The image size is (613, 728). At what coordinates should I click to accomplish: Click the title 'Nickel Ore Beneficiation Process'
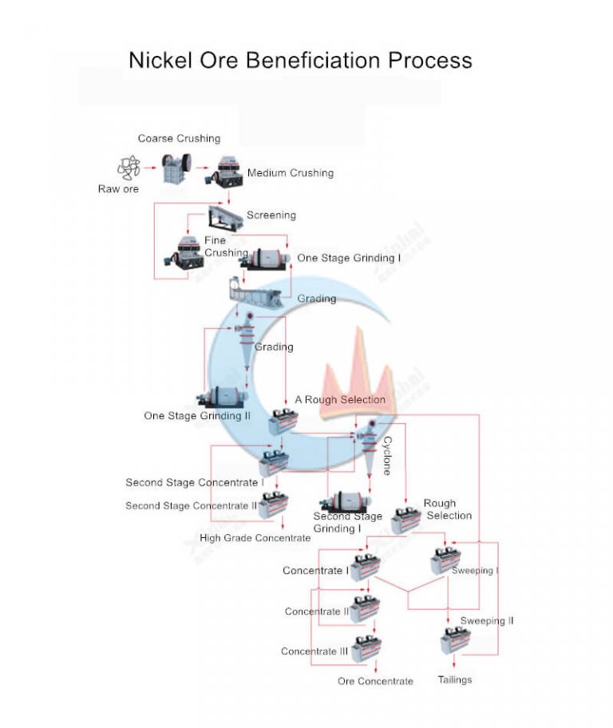click(300, 60)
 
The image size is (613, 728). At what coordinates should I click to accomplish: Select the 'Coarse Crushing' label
click(179, 139)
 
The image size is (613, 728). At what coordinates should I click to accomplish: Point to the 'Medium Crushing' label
click(291, 173)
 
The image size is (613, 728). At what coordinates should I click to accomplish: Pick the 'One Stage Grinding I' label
click(350, 258)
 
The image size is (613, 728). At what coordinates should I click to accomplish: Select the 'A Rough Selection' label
click(340, 400)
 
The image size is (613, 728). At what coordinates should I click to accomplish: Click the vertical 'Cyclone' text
click(387, 456)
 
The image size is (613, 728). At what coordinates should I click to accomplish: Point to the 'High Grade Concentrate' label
click(255, 538)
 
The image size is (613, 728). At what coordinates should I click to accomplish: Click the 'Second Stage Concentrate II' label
click(192, 506)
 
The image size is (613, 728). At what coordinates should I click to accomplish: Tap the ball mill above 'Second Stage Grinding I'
click(344, 501)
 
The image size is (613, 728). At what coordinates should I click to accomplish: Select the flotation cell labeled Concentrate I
click(366, 567)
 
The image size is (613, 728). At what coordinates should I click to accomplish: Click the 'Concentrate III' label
click(314, 651)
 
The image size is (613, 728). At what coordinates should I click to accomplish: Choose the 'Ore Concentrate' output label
click(375, 681)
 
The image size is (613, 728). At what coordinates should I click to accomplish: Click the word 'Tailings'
click(455, 680)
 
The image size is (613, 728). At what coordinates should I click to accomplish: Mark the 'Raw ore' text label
click(118, 189)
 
